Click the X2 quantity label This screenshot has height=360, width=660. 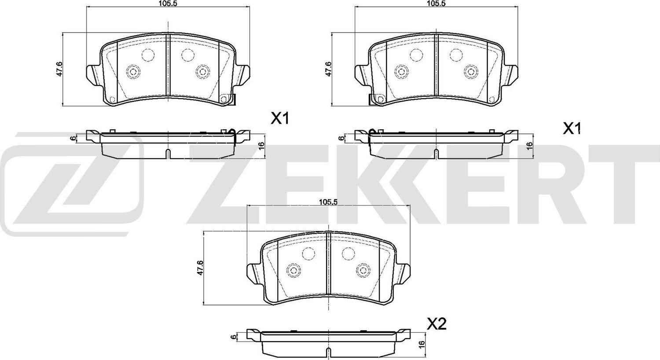click(x=436, y=324)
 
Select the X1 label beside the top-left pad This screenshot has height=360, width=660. click(x=279, y=118)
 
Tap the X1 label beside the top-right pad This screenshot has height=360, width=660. click(x=573, y=129)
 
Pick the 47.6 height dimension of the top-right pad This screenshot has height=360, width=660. click(x=328, y=69)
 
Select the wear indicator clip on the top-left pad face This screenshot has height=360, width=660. click(x=228, y=99)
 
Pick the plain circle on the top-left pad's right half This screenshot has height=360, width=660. click(x=188, y=55)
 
